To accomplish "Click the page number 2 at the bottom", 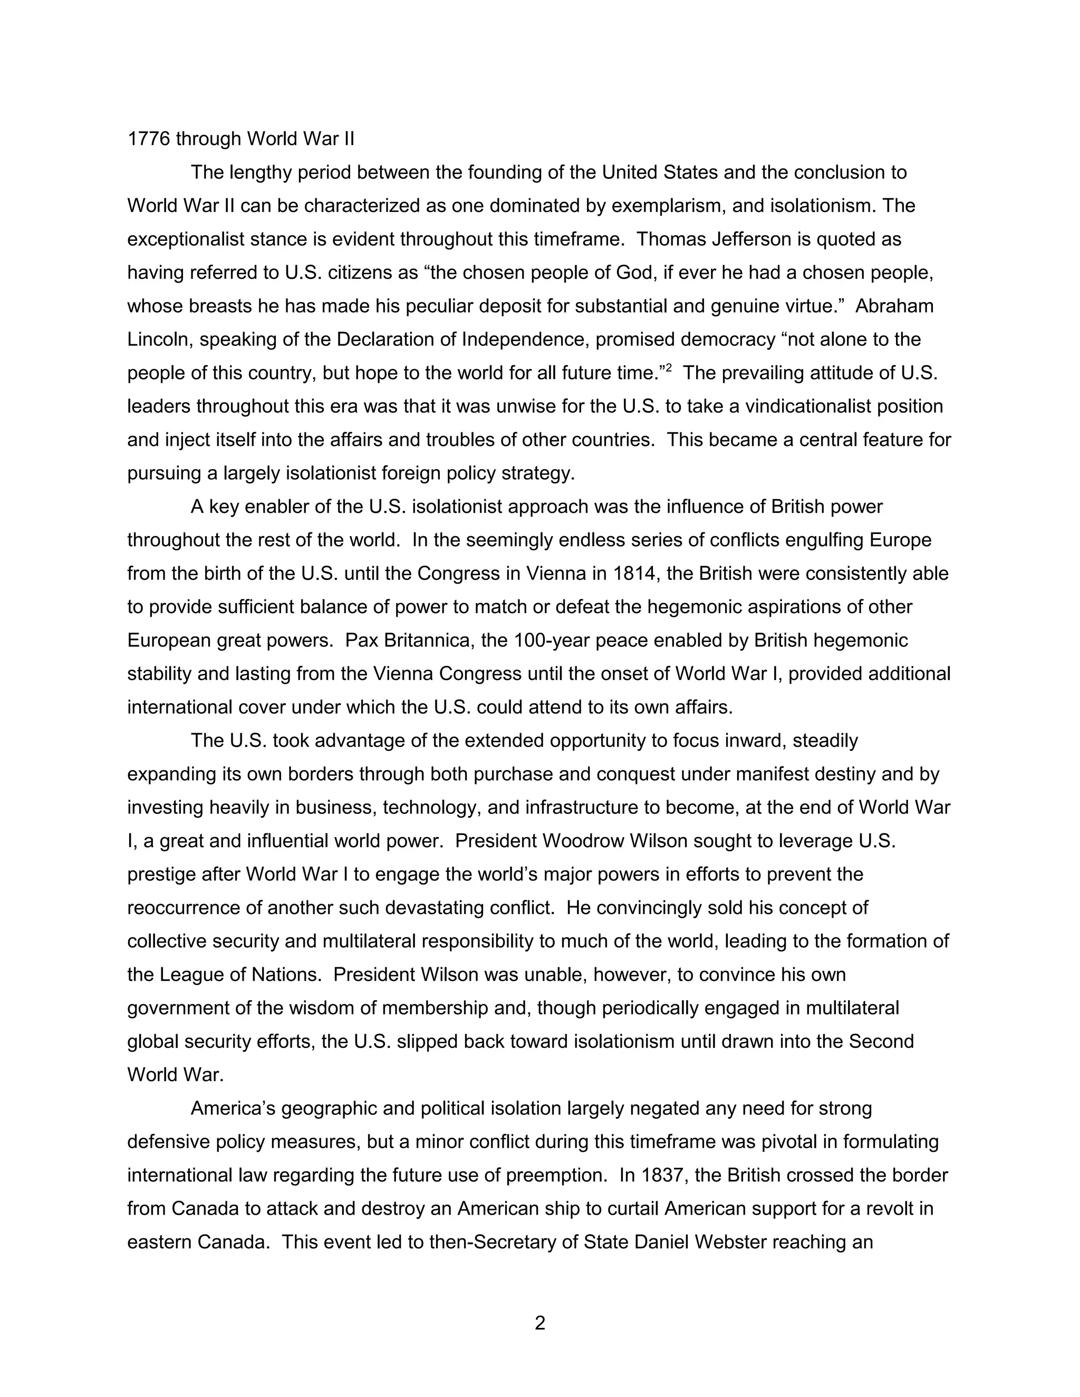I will pos(539,1322).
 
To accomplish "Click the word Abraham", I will pos(894,306).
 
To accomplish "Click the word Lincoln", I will pos(159,339).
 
